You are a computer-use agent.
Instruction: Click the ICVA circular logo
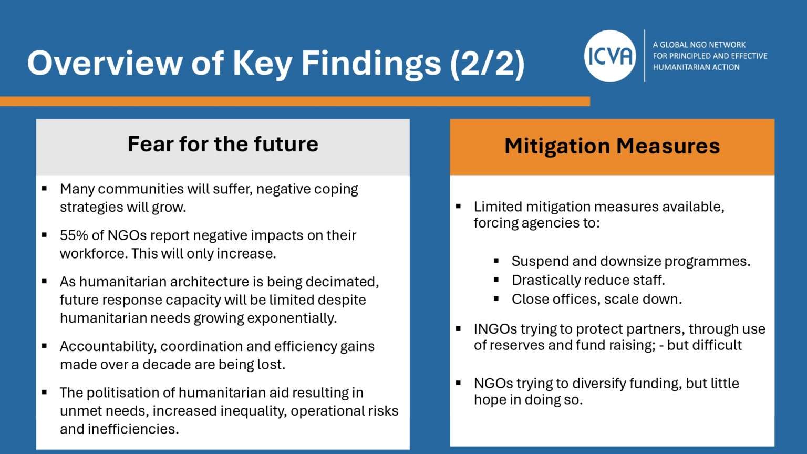tap(610, 56)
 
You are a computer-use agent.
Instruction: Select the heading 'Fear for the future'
tap(223, 144)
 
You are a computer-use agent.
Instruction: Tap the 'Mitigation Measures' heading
tap(612, 146)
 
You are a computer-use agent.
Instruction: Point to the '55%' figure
tap(74, 235)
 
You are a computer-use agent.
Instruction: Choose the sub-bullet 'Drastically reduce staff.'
tap(588, 280)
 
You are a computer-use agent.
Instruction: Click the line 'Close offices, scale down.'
tap(596, 299)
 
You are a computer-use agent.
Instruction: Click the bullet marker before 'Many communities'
tap(45, 188)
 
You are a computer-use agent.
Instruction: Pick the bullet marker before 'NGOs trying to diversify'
tap(459, 383)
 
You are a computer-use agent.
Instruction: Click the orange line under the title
tap(294, 101)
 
